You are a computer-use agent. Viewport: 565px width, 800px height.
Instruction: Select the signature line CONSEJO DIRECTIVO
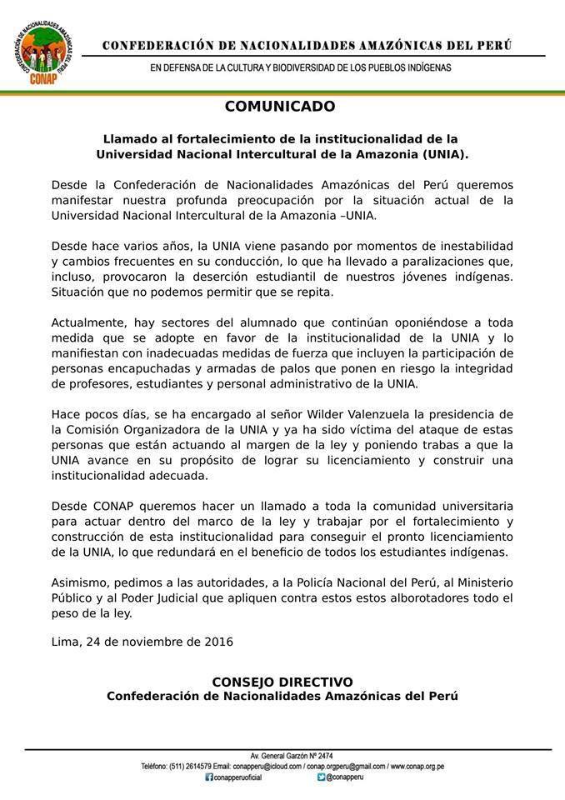click(282, 682)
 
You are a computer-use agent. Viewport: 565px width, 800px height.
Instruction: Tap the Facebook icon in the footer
click(208, 777)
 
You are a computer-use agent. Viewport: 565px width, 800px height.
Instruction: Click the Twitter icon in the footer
click(321, 777)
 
